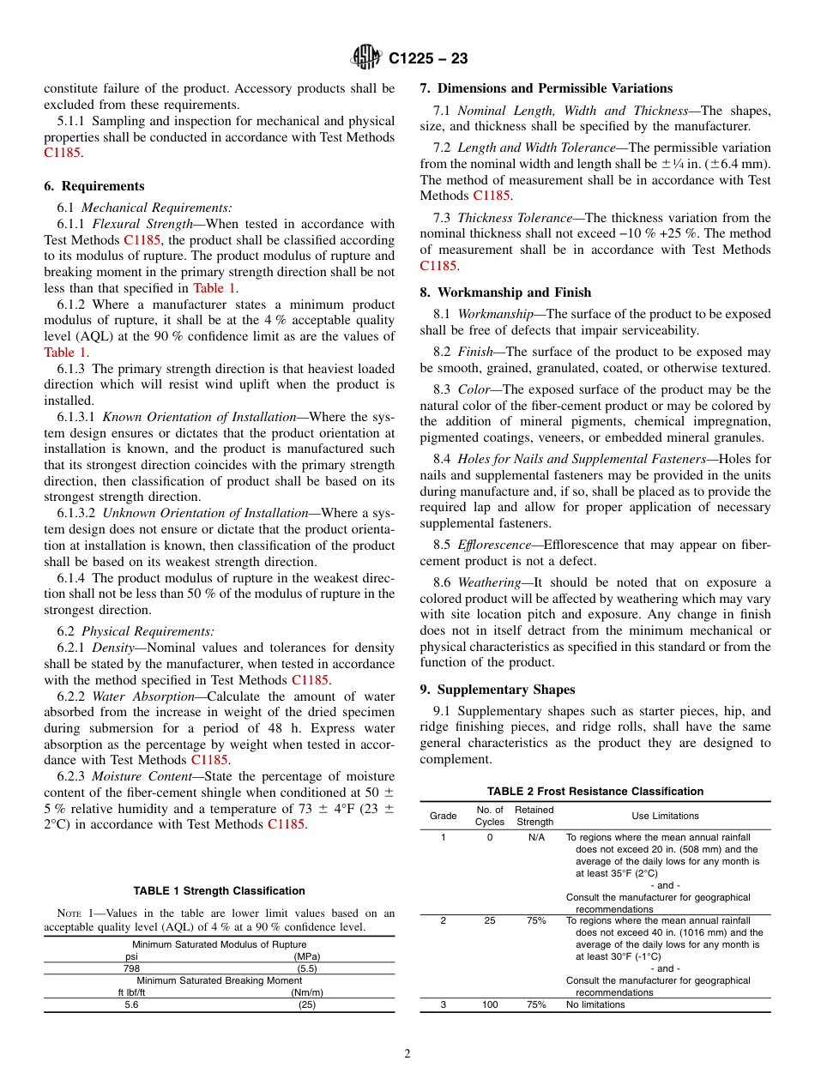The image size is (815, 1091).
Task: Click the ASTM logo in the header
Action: coord(366,58)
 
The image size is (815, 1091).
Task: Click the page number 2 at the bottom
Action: coord(407,1054)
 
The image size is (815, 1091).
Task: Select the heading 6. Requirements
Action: coord(94,186)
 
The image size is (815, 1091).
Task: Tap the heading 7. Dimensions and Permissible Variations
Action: coord(546,88)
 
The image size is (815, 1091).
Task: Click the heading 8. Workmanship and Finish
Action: coord(505,292)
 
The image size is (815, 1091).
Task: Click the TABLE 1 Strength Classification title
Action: coord(219,891)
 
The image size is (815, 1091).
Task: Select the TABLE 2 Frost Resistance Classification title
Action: coord(595,791)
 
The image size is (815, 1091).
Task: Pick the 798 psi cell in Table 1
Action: coord(131,968)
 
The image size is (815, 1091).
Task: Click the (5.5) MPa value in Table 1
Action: coord(307,968)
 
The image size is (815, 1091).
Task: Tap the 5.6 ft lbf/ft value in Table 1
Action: coord(131,1005)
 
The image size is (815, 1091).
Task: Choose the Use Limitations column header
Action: coord(665,816)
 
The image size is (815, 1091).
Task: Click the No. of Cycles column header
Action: coord(490,816)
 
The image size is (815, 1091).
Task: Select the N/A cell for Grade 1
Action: coord(535,837)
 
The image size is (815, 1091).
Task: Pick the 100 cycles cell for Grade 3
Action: coord(490,1005)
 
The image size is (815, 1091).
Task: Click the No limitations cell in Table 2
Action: coord(595,1005)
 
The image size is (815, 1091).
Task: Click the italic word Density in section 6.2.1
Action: coord(112,648)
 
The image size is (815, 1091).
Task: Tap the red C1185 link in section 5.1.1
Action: coord(62,154)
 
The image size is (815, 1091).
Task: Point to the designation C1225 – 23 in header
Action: coord(428,58)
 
